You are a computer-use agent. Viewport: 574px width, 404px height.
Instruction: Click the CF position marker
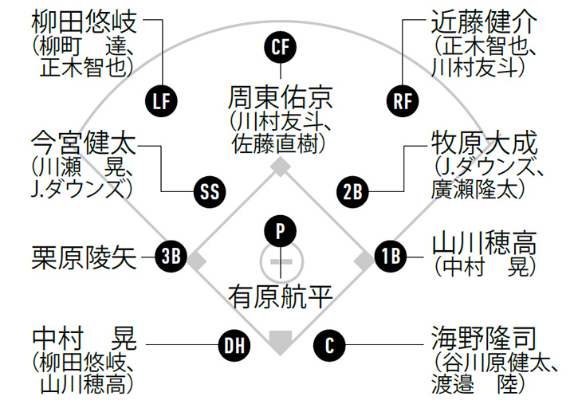(x=281, y=47)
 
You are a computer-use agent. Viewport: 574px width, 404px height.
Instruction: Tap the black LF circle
(x=161, y=101)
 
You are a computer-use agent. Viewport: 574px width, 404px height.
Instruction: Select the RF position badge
(x=403, y=101)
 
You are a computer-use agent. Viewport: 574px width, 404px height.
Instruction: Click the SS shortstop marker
(x=210, y=192)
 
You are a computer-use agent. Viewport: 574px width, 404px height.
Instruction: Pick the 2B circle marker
(x=352, y=192)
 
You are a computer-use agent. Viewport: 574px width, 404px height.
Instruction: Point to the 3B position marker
(x=171, y=256)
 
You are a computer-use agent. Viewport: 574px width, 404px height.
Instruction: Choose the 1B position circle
(x=391, y=256)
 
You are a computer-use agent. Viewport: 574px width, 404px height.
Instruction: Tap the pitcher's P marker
(x=280, y=231)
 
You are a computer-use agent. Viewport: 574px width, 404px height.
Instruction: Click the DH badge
(x=234, y=345)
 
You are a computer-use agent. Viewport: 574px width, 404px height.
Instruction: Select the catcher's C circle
(x=329, y=345)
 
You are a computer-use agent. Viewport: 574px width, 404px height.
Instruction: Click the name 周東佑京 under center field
(x=281, y=98)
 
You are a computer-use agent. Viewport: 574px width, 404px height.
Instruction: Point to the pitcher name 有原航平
(x=281, y=296)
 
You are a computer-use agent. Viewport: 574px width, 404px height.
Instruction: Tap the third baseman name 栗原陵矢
(x=85, y=257)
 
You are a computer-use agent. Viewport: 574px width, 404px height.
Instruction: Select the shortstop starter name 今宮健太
(x=84, y=143)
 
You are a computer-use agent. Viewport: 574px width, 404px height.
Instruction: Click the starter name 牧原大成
(x=484, y=143)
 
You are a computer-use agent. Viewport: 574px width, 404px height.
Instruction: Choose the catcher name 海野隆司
(x=484, y=339)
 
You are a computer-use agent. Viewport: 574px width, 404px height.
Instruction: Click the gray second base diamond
(x=281, y=167)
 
